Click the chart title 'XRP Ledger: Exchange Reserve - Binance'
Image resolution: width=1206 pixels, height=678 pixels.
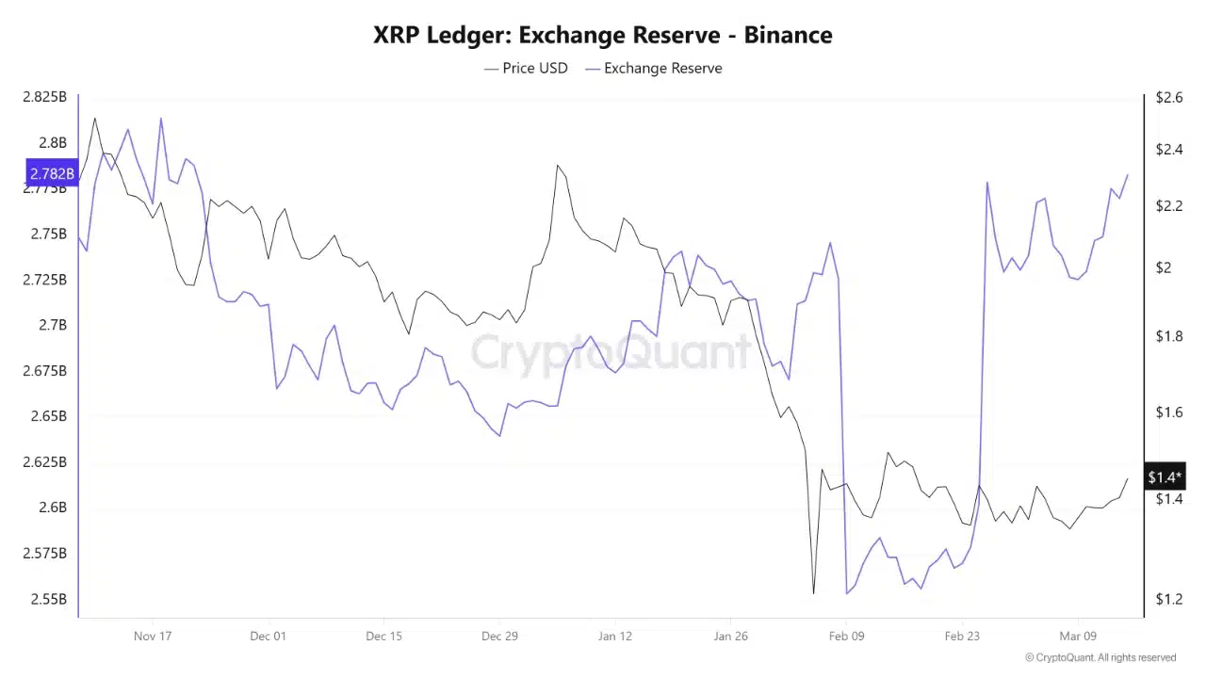(603, 35)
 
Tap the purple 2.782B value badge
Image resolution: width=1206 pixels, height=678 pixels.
(52, 174)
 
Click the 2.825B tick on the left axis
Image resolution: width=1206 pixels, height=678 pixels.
(44, 97)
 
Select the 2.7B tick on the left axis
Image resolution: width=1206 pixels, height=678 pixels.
(52, 325)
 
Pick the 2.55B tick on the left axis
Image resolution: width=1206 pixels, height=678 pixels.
(48, 599)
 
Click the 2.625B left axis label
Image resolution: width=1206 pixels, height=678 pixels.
(44, 462)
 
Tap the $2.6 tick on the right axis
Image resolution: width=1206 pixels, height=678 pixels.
(1169, 97)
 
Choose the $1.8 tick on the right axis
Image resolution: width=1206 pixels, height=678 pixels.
(1169, 336)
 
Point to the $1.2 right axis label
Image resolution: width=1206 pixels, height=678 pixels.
(1169, 599)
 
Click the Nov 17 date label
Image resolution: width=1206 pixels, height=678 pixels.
(153, 636)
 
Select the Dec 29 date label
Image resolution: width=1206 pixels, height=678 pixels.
(499, 636)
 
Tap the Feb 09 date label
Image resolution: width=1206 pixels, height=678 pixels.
(846, 636)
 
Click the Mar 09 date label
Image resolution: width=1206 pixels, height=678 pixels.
(1078, 636)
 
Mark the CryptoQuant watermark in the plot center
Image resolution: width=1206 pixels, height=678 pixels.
(611, 353)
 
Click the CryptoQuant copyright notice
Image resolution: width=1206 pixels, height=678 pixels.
(1100, 657)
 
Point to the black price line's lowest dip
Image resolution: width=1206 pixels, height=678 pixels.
(813, 593)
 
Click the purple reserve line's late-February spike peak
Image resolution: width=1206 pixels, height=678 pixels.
(986, 183)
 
